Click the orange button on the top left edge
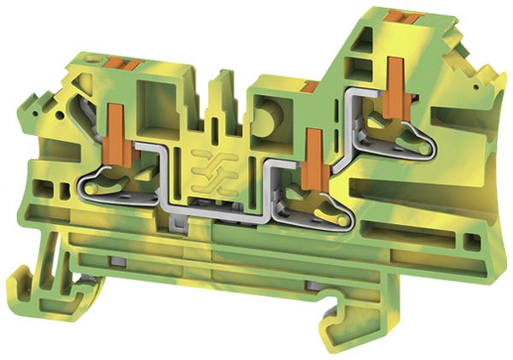(124, 62)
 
